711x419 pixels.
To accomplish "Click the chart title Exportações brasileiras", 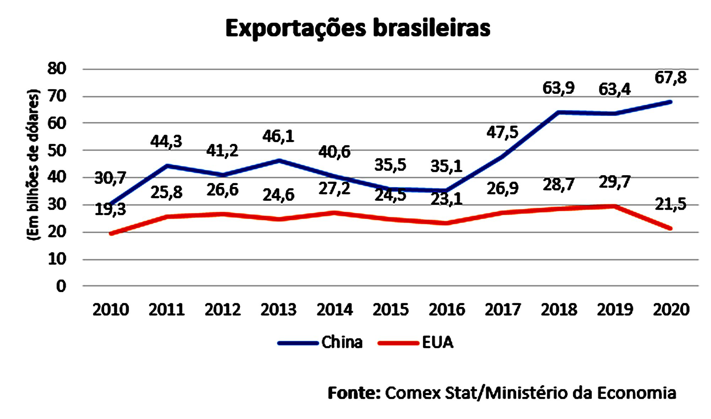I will click(x=358, y=28).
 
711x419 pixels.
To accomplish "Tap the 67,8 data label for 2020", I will click(x=670, y=78).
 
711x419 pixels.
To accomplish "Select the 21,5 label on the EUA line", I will click(x=670, y=204).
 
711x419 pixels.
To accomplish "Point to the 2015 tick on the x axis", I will click(x=390, y=310).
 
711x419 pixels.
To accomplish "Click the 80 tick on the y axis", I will click(x=57, y=69).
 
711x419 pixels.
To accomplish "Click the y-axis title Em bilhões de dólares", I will click(x=33, y=165).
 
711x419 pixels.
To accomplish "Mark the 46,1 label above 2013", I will click(x=278, y=136).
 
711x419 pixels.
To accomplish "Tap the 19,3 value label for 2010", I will click(x=110, y=210).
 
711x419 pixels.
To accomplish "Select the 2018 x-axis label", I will click(x=559, y=310).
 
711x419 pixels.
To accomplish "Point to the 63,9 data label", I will click(x=558, y=88).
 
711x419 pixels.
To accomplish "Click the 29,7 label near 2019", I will click(x=615, y=182).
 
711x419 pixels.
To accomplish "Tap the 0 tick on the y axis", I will click(x=61, y=286).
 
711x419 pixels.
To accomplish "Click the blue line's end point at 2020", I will click(x=670, y=102).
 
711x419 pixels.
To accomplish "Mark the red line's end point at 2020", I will click(x=670, y=228).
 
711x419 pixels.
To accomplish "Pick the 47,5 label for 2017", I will click(x=502, y=133).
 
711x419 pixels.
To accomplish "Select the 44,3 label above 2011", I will click(x=166, y=142).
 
